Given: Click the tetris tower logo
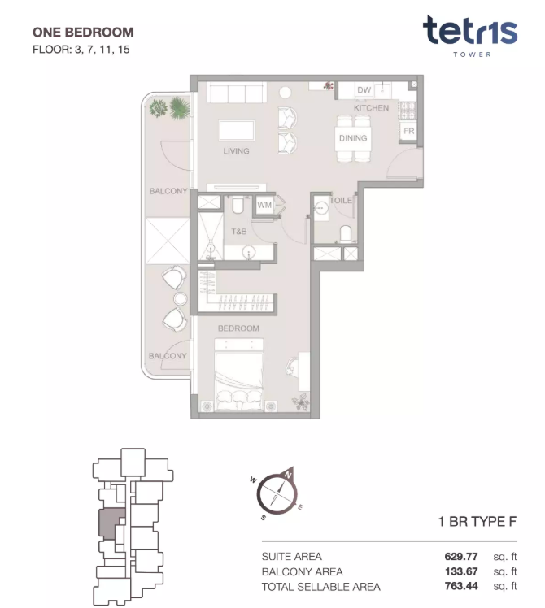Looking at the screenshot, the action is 470,36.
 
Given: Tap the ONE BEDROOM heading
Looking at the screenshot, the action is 83,33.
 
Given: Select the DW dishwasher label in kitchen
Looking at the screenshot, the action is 364,90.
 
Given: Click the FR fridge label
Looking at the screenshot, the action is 408,131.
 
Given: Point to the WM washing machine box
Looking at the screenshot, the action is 264,205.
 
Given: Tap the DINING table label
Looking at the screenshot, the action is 353,138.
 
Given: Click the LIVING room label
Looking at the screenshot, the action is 236,151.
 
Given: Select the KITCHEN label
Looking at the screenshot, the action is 371,108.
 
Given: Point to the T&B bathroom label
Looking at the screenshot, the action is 238,232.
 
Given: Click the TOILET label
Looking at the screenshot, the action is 343,200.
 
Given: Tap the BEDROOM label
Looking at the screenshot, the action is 238,328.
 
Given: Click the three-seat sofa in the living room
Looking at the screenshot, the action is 237,93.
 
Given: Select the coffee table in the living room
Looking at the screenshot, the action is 237,130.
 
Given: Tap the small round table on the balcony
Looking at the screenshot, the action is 180,298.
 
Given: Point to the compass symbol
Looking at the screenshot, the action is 277,493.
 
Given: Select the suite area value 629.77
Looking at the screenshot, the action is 461,557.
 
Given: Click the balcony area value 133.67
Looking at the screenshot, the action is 461,571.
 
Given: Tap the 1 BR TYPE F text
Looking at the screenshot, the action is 477,522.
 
